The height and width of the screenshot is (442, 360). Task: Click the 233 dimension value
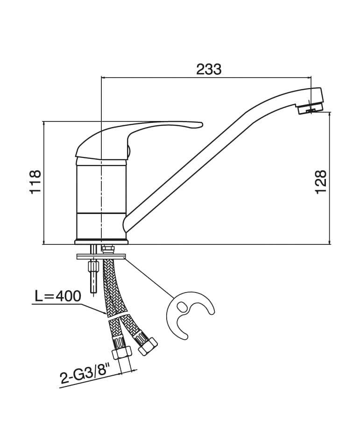[x=209, y=69]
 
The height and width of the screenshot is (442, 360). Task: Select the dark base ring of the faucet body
[x=101, y=242]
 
